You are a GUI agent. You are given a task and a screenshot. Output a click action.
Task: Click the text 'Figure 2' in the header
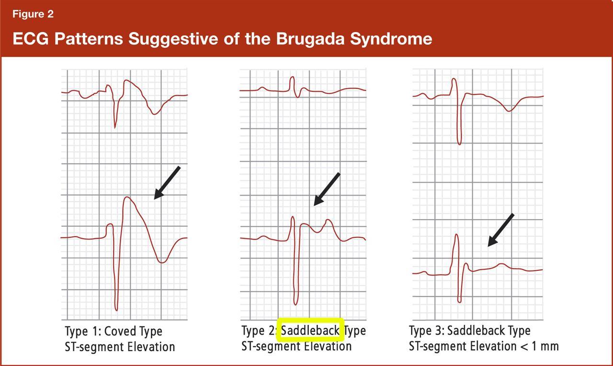[x=33, y=14]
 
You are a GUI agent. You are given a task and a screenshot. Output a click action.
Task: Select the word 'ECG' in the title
[x=31, y=39]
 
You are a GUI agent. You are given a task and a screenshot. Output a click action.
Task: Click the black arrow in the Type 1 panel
[x=167, y=183]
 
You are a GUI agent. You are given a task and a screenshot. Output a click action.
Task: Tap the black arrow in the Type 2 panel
[x=327, y=189]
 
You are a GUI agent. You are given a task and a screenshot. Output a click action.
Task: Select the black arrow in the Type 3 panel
[x=501, y=230]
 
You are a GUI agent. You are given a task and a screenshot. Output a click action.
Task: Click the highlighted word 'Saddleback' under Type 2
[x=310, y=331]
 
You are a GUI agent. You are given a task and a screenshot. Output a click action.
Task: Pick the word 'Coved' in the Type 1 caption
[x=116, y=331]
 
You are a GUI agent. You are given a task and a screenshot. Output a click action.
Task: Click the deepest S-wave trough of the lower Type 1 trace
[x=116, y=310]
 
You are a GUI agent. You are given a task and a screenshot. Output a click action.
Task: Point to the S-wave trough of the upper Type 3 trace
[x=459, y=144]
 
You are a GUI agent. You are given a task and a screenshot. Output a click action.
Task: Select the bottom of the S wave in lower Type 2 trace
[x=295, y=304]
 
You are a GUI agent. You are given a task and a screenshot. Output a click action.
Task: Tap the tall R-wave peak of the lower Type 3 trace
[x=456, y=235]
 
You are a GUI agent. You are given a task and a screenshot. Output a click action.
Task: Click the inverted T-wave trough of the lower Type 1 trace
[x=162, y=262]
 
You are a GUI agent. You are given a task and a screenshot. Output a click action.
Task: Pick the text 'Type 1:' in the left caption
[x=83, y=331]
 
